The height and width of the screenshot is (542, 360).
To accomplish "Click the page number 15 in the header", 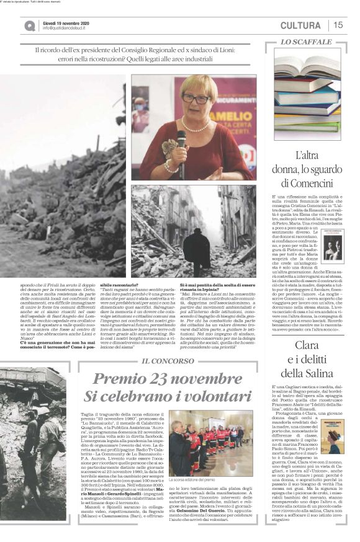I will pyautogui.click(x=338, y=25).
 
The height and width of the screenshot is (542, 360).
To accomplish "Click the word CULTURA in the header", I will pyautogui.click(x=300, y=25).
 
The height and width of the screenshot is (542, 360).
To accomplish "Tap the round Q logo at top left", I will pyautogui.click(x=30, y=25).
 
